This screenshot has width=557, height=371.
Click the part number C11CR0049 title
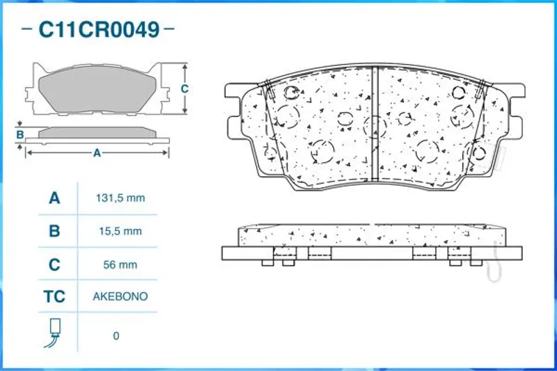point(99,29)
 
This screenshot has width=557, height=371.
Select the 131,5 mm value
point(120,198)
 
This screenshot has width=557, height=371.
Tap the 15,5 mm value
point(120,231)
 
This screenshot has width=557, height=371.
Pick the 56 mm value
point(120,265)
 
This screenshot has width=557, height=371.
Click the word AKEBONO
point(120,297)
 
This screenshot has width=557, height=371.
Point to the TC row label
point(54,297)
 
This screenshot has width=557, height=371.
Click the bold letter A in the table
point(54,198)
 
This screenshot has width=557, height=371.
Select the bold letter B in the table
point(54,231)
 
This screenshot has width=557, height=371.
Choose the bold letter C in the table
point(54,265)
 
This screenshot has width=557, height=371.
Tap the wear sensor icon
point(53,333)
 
